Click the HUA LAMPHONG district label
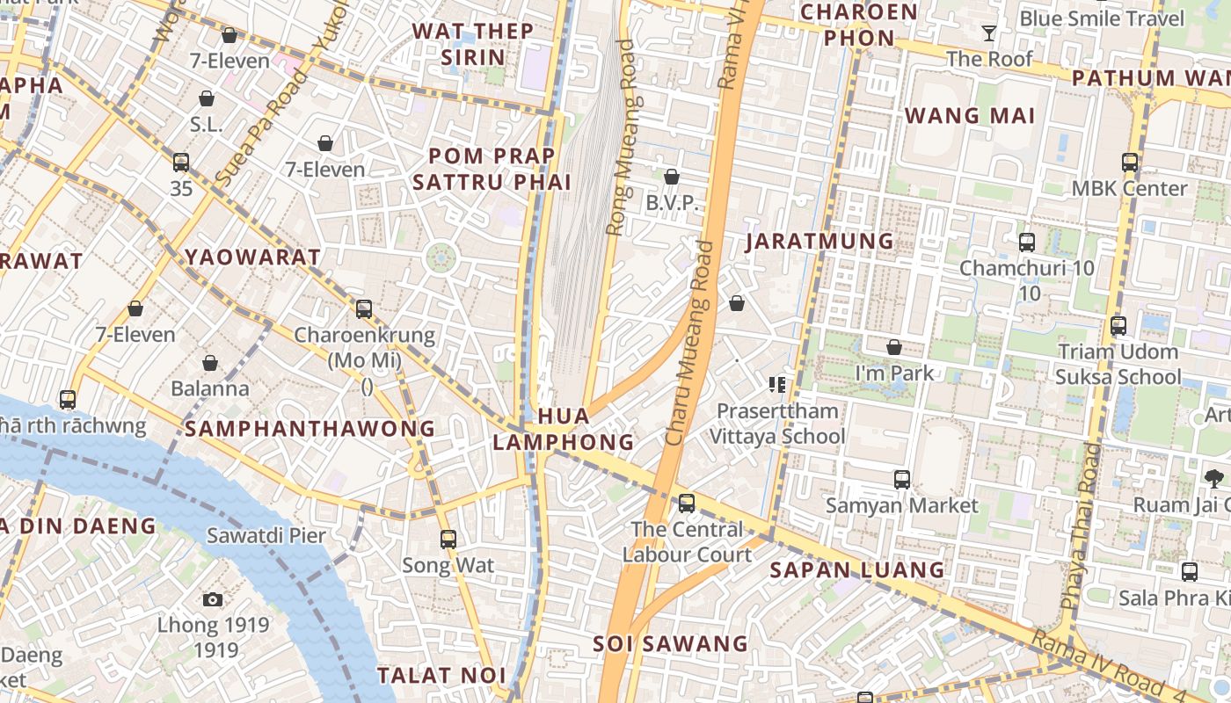pyautogui.click(x=563, y=428)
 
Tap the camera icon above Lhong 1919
pyautogui.click(x=213, y=599)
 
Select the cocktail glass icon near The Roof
pyautogui.click(x=989, y=33)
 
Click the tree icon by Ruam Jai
pyautogui.click(x=1214, y=479)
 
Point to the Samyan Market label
pyautogui.click(x=901, y=506)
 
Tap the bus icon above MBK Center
pyautogui.click(x=1130, y=163)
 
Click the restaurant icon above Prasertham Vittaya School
pyautogui.click(x=776, y=384)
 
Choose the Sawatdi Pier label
pyautogui.click(x=266, y=535)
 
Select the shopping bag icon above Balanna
pyautogui.click(x=210, y=363)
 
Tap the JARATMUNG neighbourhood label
pyautogui.click(x=819, y=241)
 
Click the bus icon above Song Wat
pyautogui.click(x=448, y=539)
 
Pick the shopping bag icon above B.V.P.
pyautogui.click(x=672, y=178)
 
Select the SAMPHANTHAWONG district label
pyautogui.click(x=310, y=429)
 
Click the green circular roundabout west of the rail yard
pyautogui.click(x=441, y=258)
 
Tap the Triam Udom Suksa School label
pyautogui.click(x=1118, y=365)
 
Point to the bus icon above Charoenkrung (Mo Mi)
pyautogui.click(x=364, y=309)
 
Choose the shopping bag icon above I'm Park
pyautogui.click(x=894, y=348)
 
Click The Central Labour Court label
pyautogui.click(x=687, y=541)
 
